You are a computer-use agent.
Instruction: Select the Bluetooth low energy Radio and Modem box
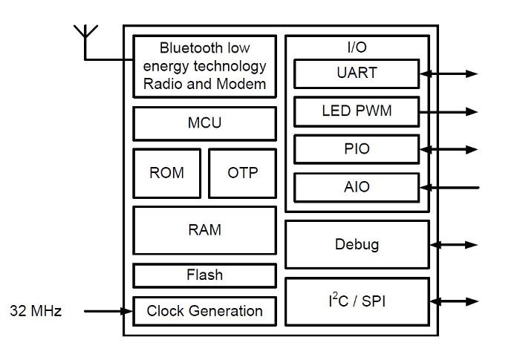tap(204, 66)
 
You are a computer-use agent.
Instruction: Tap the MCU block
tap(204, 123)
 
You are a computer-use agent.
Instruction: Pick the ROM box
tap(166, 173)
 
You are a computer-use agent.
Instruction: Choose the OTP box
tap(242, 173)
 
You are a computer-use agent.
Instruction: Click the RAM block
tap(204, 230)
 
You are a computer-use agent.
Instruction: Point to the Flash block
tap(204, 275)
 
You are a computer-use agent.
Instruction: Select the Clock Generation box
tap(204, 311)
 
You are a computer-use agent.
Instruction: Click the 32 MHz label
tap(36, 311)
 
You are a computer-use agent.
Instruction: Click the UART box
tap(357, 73)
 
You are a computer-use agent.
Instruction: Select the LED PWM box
tap(357, 111)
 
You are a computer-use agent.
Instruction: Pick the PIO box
tap(357, 149)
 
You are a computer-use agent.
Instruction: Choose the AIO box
tap(357, 187)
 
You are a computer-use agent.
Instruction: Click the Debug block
tap(357, 244)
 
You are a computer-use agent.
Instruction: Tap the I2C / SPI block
tap(357, 301)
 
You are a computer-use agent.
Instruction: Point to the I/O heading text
tap(357, 48)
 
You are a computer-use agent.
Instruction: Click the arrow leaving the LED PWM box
tap(449, 111)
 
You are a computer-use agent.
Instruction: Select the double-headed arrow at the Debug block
tap(454, 244)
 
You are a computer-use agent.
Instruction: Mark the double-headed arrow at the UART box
tap(449, 73)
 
